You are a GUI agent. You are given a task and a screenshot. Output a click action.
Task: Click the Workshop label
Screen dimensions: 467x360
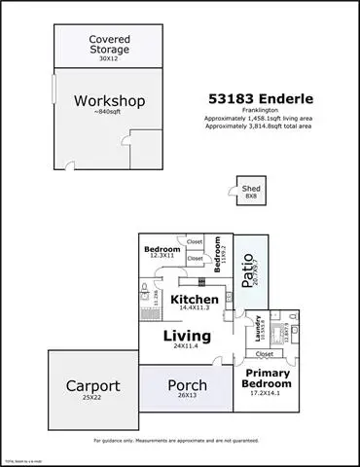[108, 100]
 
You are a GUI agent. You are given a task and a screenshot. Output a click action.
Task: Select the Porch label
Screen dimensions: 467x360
[188, 385]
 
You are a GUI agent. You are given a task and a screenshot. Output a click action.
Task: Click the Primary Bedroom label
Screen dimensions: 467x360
[267, 378]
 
